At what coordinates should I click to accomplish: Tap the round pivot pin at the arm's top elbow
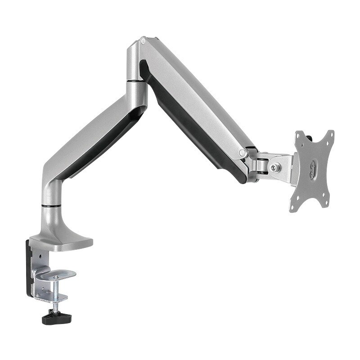(x=143, y=42)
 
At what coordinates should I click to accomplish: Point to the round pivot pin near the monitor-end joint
(x=243, y=152)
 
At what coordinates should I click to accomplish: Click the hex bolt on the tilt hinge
(x=274, y=168)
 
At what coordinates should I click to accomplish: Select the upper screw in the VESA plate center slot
(x=311, y=165)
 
